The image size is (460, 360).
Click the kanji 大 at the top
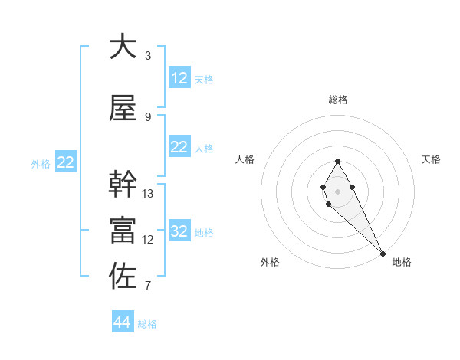[x=123, y=47]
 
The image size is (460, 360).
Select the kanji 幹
[x=123, y=184]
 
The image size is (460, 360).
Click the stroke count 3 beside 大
[x=148, y=56]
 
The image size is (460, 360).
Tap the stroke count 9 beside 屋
[x=148, y=117]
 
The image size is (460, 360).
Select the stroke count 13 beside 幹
[x=148, y=194]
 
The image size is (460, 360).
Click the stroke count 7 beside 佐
[x=148, y=286]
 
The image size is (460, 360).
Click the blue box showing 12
[x=179, y=78]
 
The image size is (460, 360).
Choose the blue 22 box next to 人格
[x=179, y=147]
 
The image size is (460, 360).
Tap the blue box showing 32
[x=179, y=231]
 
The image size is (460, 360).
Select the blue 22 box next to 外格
[x=66, y=162]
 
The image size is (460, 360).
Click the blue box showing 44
[x=122, y=322]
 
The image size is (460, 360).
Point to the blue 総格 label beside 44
[x=147, y=324]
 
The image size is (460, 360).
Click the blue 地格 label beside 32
[x=204, y=233]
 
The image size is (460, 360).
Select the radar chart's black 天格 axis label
[x=431, y=159]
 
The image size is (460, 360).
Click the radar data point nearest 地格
[x=383, y=253]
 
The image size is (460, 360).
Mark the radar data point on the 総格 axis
[x=337, y=161]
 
